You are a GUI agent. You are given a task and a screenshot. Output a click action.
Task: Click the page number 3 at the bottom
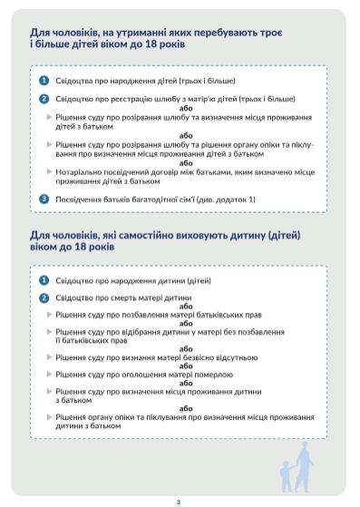180,501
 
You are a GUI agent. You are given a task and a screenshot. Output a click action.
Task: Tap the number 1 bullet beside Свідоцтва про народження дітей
44,81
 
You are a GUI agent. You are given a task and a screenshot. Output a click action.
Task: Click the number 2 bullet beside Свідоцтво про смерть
44,297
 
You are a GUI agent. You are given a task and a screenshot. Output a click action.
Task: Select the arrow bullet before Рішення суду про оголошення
50,373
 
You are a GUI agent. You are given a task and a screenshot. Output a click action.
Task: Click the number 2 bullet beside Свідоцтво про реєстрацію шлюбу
44,98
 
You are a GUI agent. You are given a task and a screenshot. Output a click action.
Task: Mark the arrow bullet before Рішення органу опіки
50,415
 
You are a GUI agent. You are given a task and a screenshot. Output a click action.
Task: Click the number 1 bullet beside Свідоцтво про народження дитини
44,280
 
